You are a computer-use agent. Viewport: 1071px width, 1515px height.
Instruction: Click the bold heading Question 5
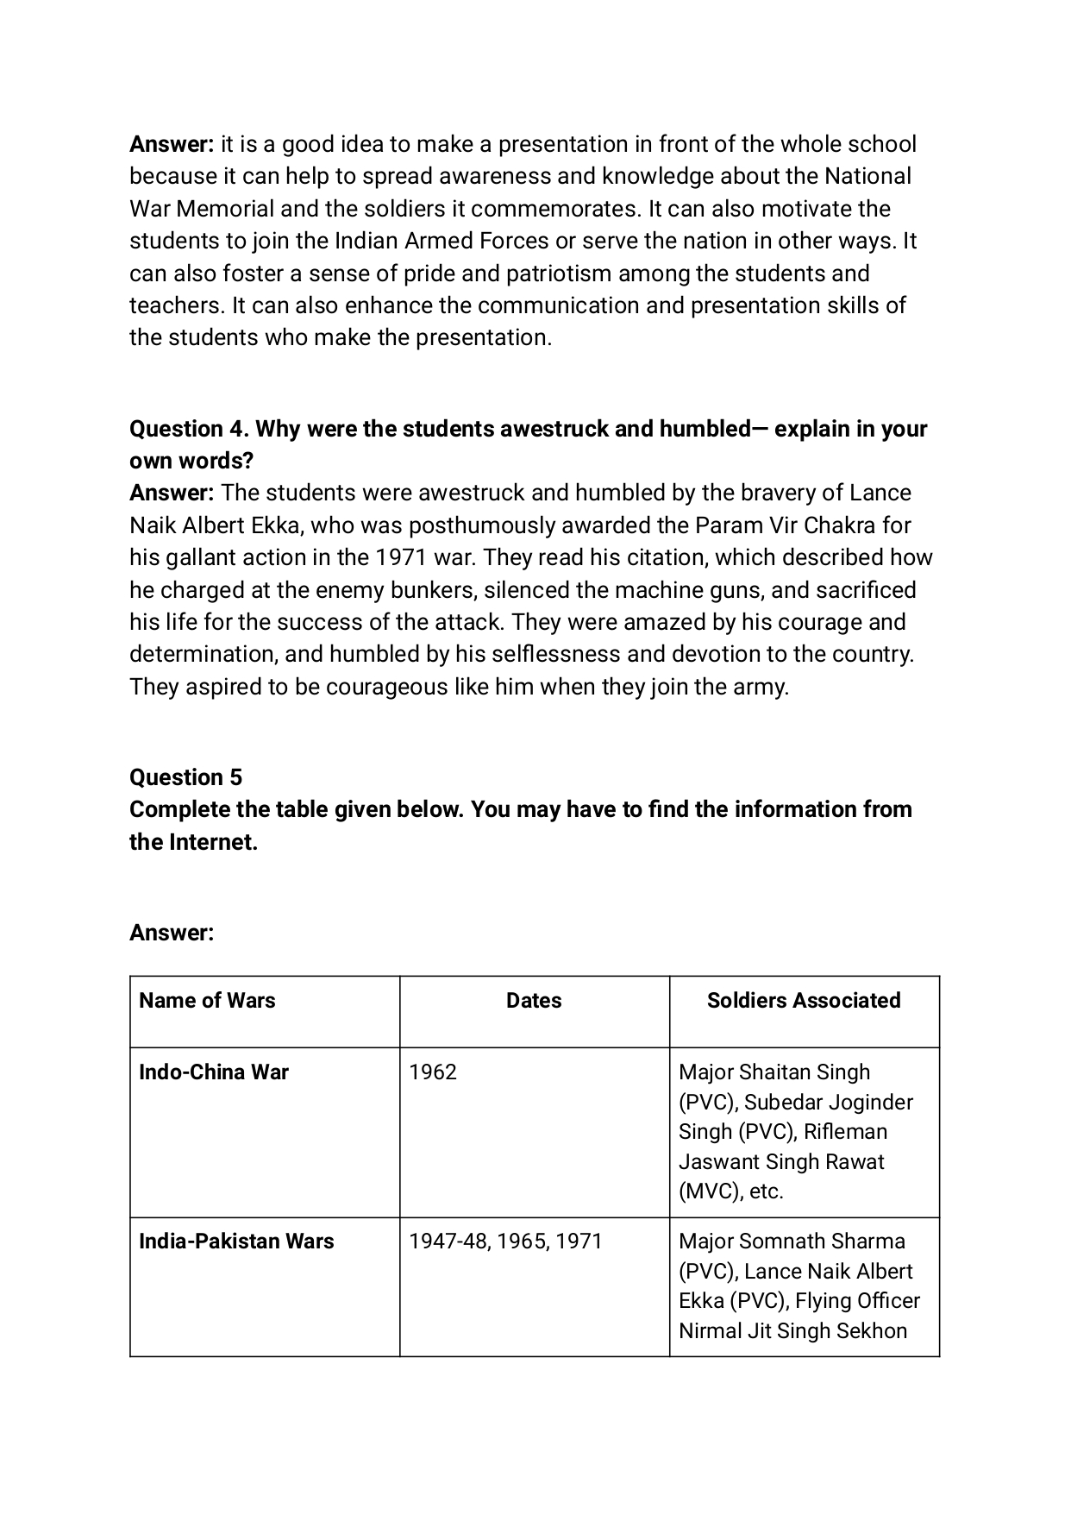click(185, 777)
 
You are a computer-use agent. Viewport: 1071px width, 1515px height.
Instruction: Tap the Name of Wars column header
click(207, 1000)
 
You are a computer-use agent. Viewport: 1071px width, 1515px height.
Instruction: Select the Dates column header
click(534, 1000)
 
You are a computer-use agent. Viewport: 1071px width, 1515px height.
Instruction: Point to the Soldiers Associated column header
click(804, 1000)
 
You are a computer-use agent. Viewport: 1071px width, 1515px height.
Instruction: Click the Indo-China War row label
click(213, 1072)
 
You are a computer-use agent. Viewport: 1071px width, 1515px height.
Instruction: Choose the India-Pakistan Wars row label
click(236, 1241)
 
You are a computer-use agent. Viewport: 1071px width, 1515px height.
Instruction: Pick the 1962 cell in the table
click(433, 1072)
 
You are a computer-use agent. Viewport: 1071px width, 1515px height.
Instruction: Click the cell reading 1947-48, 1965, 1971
click(505, 1241)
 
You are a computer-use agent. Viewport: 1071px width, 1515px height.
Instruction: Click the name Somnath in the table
click(780, 1241)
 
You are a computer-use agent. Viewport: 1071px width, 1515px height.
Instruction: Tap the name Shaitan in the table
click(774, 1072)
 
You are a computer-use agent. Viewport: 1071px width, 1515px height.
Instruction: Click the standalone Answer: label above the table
click(172, 933)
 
